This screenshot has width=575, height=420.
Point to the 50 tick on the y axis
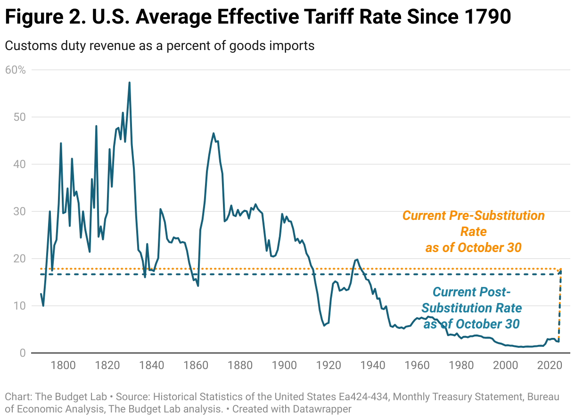pos(20,117)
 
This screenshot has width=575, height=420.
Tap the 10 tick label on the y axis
pos(20,306)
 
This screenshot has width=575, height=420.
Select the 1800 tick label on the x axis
pos(63,365)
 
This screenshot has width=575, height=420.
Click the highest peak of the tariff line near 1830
pos(129,83)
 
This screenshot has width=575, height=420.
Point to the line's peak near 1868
pos(214,133)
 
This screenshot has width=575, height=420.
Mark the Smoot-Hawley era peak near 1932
pos(357,259)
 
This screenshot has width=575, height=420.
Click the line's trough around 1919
pos(324,326)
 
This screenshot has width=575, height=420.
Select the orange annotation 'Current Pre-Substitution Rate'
pos(473,231)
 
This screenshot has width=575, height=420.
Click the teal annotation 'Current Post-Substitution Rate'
pos(471,308)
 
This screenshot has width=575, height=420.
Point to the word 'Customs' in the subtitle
pos(29,46)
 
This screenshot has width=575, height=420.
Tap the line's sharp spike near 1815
pos(96,126)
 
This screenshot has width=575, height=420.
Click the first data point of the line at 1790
pos(41,294)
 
